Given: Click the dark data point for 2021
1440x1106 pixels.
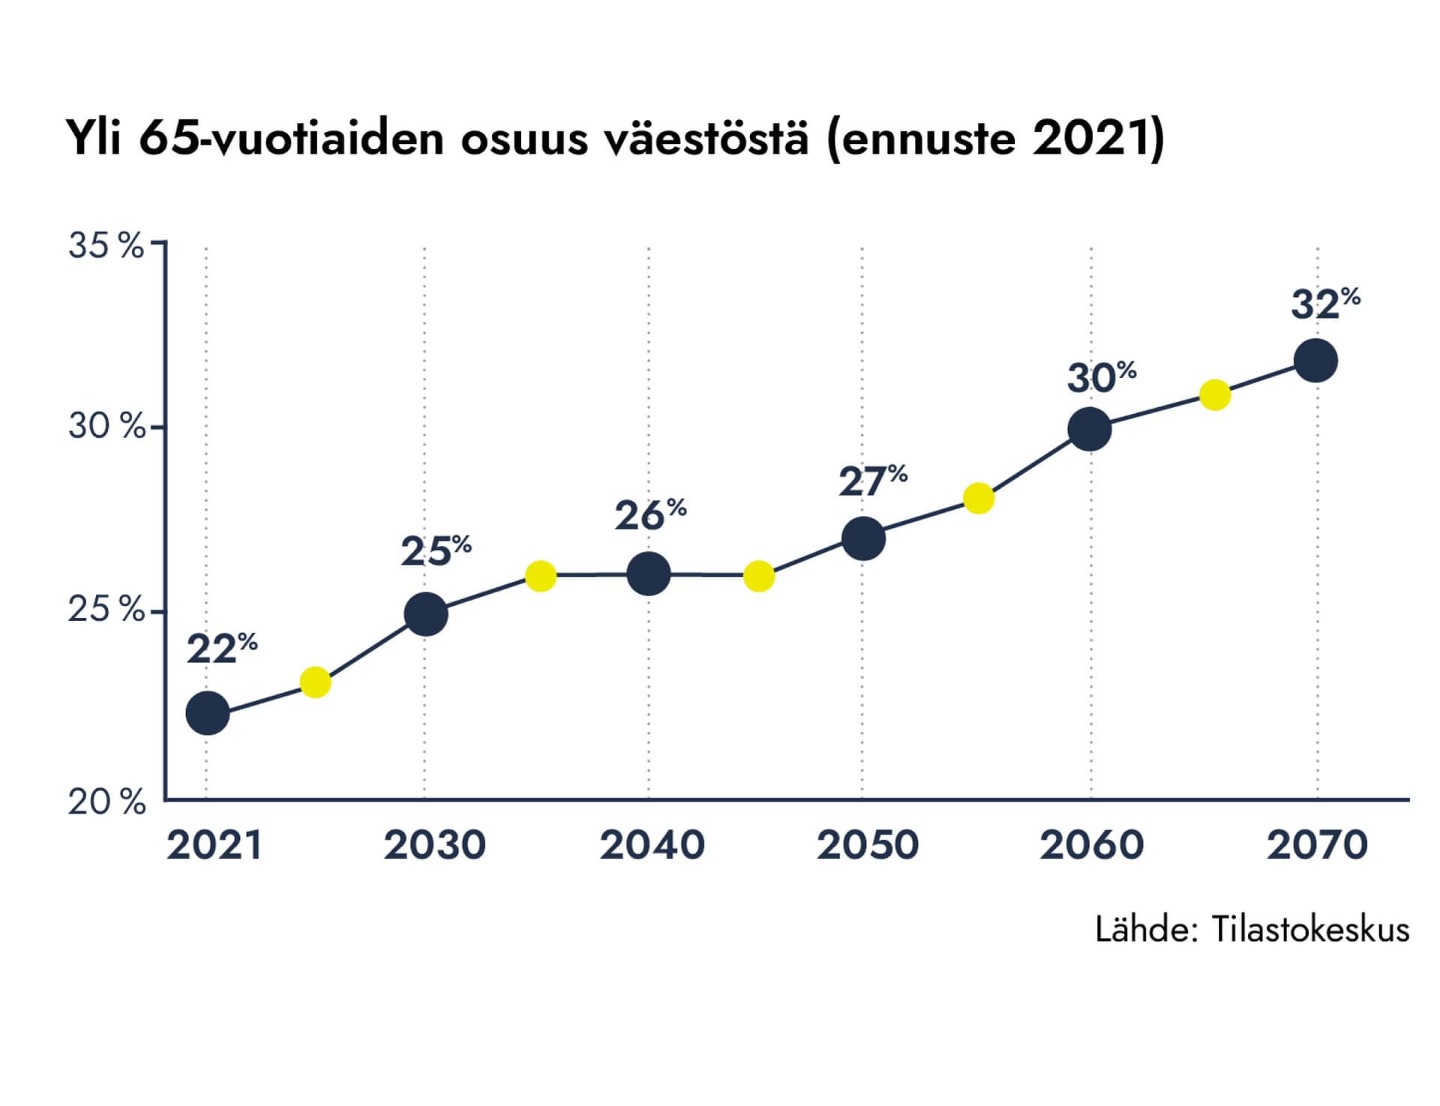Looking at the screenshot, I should pos(207,713).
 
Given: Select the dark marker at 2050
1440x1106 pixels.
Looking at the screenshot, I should pos(863,538).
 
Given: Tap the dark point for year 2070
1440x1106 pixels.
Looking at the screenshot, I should pos(1315,361).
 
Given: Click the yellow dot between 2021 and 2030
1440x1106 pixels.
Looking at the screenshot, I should pos(315,682).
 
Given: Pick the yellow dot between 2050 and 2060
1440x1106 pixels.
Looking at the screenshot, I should pos(978,498).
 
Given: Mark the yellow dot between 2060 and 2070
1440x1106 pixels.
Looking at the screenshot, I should pos(1214,394).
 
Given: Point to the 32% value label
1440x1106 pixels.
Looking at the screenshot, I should pos(1324,304).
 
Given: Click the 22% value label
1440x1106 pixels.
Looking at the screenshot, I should pos(221,649).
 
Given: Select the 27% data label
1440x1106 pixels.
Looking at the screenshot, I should pos(872,481).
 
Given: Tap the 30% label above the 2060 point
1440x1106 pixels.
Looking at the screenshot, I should pos(1101,377).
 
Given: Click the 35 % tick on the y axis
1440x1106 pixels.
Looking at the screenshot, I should pos(105,245).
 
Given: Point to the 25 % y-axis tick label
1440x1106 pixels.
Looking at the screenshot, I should pos(105,610).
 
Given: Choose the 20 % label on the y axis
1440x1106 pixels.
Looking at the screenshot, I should pos(105,802).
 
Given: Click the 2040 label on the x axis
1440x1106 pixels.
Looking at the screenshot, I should pos(652,845).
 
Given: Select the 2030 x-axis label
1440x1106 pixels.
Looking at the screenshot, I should pos(434,845).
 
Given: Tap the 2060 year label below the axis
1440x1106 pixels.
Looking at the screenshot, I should pos(1091,845).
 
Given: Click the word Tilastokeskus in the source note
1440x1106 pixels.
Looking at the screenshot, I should pos(1310,929).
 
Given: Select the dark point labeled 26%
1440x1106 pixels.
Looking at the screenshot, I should pos(648,574).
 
